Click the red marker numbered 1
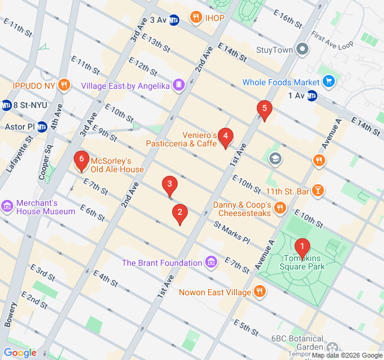[302, 246]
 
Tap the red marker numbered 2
[179, 212]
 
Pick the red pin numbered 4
[225, 137]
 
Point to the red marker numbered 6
[81, 161]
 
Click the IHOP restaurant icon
[196, 17]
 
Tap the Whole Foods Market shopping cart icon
[328, 82]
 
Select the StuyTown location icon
[302, 49]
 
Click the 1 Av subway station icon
[311, 95]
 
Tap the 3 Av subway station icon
[173, 20]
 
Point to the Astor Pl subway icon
[42, 127]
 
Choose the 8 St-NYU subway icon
[7, 104]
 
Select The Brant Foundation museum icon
[211, 263]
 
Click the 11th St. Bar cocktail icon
[318, 191]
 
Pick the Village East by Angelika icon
[178, 86]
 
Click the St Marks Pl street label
[232, 232]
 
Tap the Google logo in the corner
[20, 353]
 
